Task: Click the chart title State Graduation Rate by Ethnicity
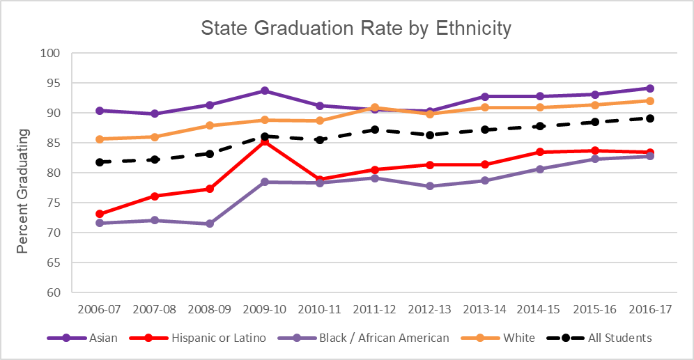click(356, 29)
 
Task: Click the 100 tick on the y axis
click(52, 53)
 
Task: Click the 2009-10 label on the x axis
click(265, 308)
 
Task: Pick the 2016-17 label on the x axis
click(649, 308)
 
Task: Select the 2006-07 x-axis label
click(100, 308)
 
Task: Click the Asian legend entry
click(91, 338)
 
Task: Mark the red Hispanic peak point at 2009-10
click(265, 141)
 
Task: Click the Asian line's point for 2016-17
click(649, 88)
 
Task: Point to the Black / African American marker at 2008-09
click(210, 224)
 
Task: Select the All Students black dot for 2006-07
click(100, 162)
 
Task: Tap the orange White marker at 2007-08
click(155, 137)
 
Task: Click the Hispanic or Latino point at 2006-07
click(100, 214)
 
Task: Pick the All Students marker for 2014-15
click(539, 126)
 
